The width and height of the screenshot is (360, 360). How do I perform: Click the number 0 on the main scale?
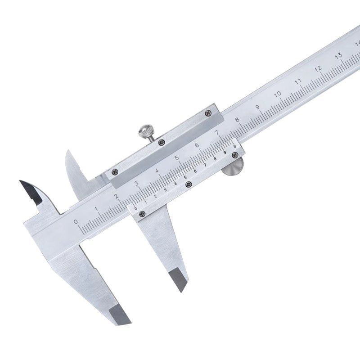point(76,221)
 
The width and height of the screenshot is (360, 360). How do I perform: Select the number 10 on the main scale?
point(278,94)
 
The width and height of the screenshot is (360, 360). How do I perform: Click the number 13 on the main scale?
point(338,56)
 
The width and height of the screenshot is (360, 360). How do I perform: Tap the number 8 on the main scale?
point(237,119)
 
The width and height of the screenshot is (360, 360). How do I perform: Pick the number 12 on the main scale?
point(318,69)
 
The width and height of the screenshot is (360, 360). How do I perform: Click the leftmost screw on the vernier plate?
point(143,213)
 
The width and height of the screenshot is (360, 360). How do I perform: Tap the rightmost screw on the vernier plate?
point(234,155)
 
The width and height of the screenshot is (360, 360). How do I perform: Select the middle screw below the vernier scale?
point(188,184)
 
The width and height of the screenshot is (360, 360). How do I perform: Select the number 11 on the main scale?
point(298,81)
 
